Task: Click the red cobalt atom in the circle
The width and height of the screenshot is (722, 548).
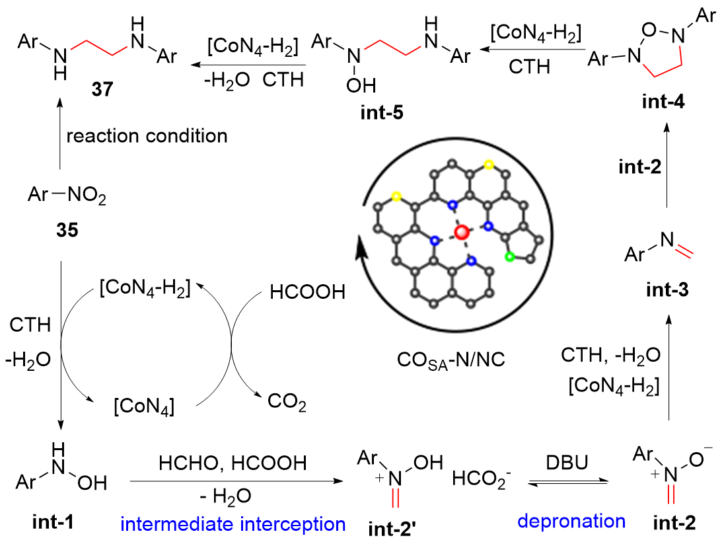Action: point(462,231)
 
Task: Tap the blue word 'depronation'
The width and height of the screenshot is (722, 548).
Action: point(571,521)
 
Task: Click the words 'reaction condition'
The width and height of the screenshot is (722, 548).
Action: point(147,136)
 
